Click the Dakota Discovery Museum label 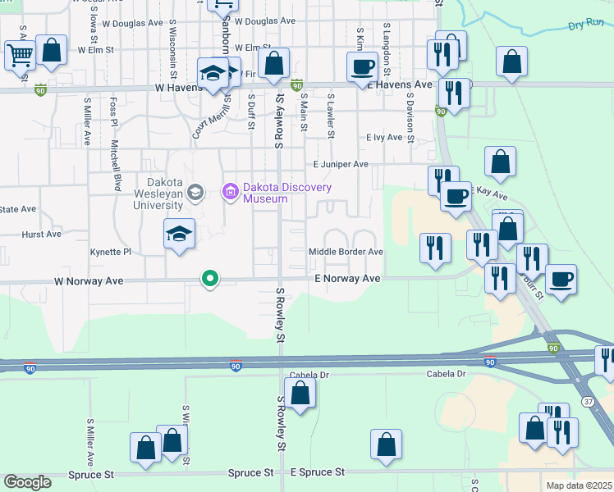[x=287, y=193]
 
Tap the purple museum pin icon [x=231, y=193]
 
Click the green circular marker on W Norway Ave [x=210, y=280]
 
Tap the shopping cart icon [x=20, y=55]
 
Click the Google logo [x=27, y=482]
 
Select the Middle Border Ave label [x=346, y=252]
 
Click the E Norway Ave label [x=348, y=280]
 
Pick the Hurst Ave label [x=41, y=234]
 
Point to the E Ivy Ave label [x=384, y=137]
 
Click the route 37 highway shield [x=588, y=378]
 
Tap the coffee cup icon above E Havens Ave [x=361, y=66]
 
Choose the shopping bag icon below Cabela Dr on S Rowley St [x=300, y=392]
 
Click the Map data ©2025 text [x=579, y=485]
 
